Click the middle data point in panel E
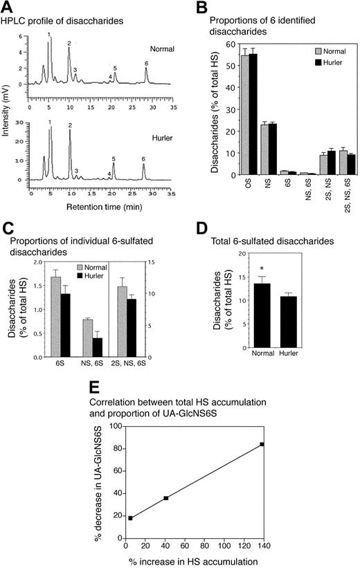[x=165, y=497]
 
